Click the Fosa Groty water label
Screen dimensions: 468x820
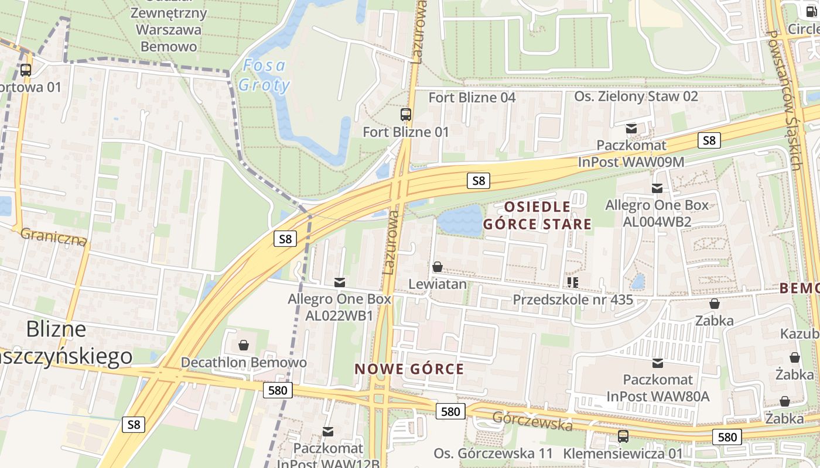tap(264, 75)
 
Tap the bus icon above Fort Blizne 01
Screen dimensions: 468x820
tap(405, 115)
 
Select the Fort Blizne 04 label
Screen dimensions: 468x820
tap(472, 97)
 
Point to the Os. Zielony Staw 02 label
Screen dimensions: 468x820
tap(636, 96)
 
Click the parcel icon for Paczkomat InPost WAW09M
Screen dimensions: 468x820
tap(631, 129)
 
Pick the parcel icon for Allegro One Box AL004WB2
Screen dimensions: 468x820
tap(657, 188)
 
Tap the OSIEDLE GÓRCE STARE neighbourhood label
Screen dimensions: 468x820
tap(537, 215)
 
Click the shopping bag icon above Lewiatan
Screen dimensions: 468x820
tap(437, 267)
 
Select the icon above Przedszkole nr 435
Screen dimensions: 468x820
tap(572, 283)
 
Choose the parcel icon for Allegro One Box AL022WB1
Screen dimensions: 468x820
tap(339, 283)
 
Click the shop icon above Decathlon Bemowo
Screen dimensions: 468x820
tap(244, 345)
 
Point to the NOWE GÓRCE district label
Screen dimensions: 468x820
tap(409, 369)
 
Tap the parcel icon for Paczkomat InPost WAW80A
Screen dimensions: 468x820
tap(658, 363)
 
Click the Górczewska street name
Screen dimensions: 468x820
tap(532, 421)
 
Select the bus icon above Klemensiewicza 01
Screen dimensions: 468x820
tap(623, 436)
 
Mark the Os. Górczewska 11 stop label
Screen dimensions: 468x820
tap(493, 453)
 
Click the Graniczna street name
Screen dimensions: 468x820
tap(53, 237)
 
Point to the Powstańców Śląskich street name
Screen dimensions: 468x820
tap(785, 99)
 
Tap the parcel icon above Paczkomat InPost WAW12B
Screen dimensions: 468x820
tap(328, 432)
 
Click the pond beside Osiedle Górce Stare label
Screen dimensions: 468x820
tap(460, 221)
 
